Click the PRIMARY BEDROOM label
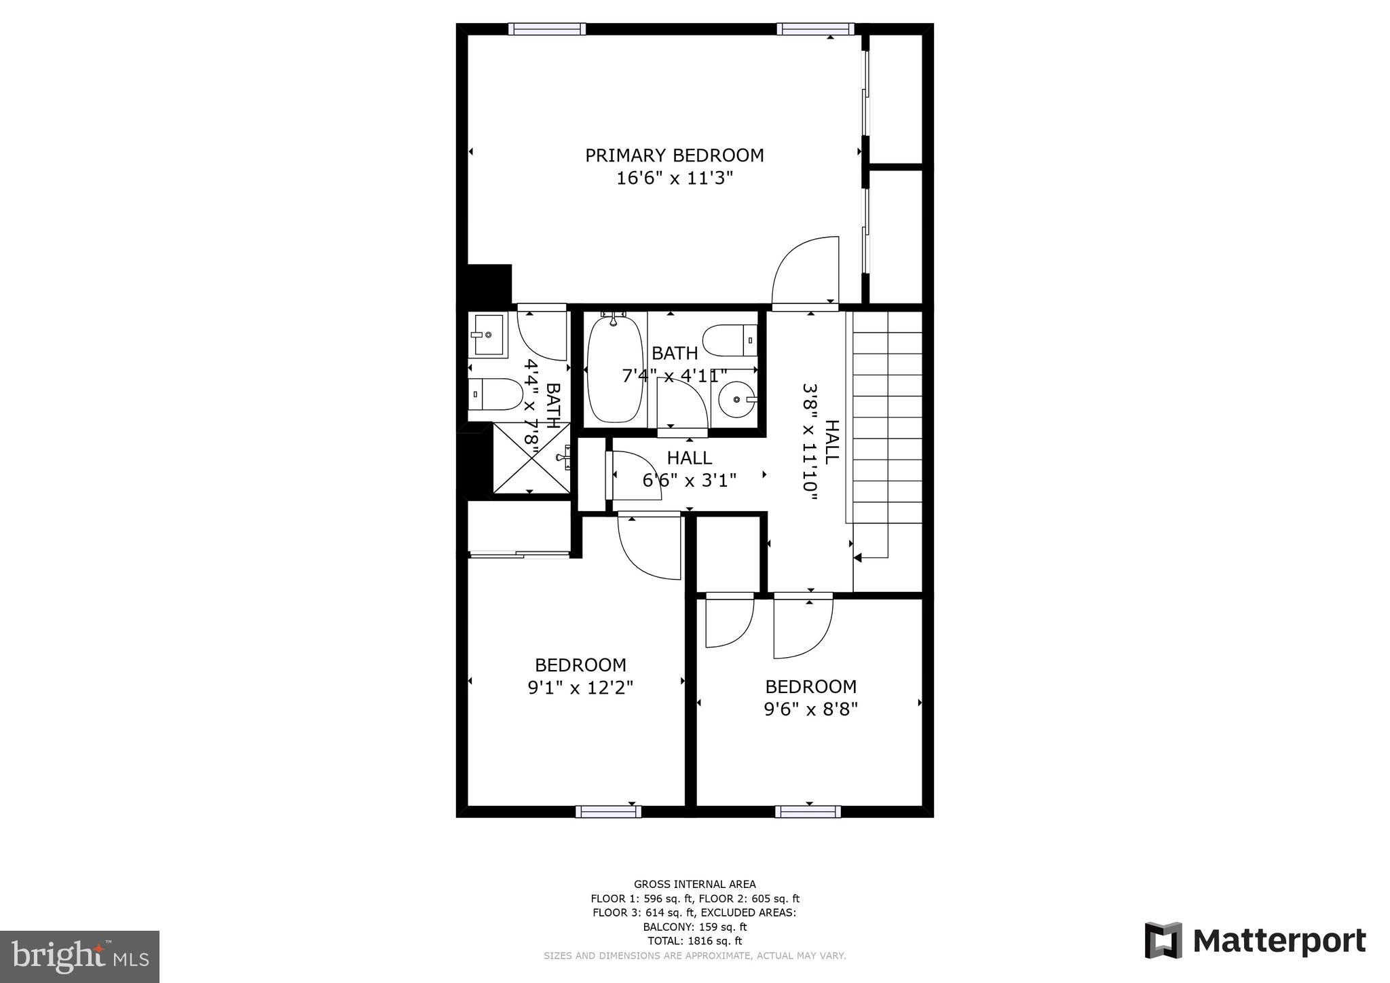click(674, 155)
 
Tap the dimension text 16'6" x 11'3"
click(674, 179)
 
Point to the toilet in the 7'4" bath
click(730, 339)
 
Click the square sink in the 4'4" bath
click(487, 335)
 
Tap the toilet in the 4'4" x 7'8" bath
click(495, 394)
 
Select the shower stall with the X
click(531, 458)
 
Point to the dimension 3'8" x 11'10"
click(809, 442)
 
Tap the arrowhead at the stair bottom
click(857, 557)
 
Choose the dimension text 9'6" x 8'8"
click(810, 709)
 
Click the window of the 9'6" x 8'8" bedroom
click(808, 811)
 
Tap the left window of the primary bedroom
click(546, 29)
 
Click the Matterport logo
click(1255, 941)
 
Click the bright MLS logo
click(79, 957)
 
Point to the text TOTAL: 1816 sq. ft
click(694, 941)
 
